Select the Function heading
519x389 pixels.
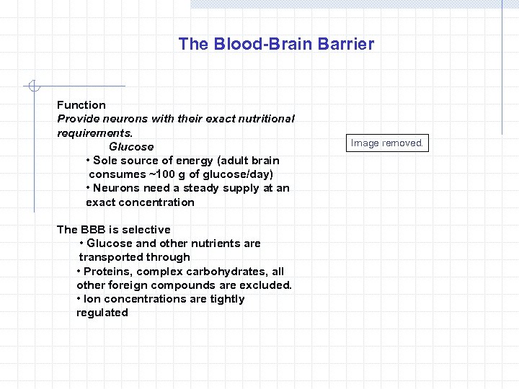[x=81, y=105]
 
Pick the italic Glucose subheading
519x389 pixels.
[x=131, y=147]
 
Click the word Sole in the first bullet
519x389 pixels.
[x=105, y=161]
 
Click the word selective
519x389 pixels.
[x=146, y=230]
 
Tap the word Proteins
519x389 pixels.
[x=107, y=272]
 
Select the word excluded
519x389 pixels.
[x=265, y=285]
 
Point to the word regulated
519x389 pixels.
[x=102, y=313]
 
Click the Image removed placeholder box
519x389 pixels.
[x=387, y=143]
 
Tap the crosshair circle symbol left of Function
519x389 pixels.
[x=32, y=87]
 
